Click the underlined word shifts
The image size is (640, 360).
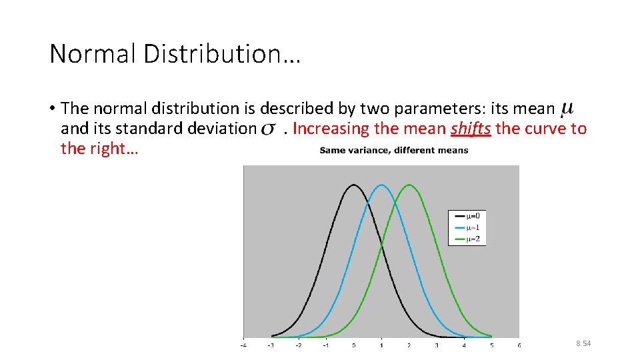click(x=471, y=128)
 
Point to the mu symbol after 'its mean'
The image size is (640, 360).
click(x=567, y=108)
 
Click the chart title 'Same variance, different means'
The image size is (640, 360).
click(x=393, y=151)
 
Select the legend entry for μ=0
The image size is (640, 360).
click(x=467, y=215)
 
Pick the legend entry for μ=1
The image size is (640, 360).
click(x=467, y=227)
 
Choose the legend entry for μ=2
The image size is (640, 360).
click(x=467, y=239)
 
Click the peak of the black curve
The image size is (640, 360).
click(x=353, y=185)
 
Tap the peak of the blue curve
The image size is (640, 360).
click(x=381, y=185)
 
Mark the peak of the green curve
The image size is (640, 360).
click(x=409, y=185)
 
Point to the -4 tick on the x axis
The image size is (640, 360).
click(x=243, y=345)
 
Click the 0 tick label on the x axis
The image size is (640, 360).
click(x=353, y=345)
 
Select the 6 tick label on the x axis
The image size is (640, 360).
click(x=519, y=345)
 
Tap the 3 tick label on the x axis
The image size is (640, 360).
click(x=436, y=345)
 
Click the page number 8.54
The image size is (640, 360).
click(x=583, y=343)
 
